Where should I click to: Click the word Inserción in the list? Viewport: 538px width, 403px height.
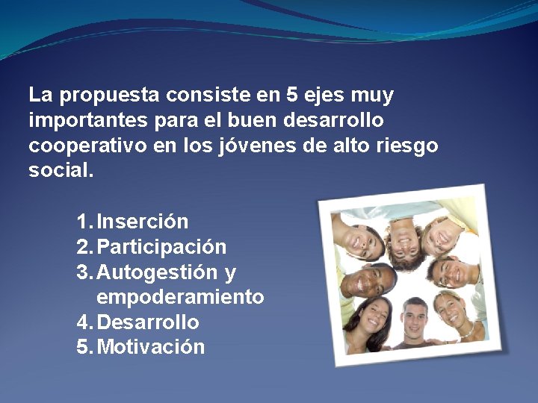(143, 222)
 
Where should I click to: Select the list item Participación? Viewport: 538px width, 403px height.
(161, 247)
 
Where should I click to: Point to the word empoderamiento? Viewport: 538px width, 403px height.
(180, 298)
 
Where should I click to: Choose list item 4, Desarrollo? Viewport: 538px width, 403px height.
(148, 323)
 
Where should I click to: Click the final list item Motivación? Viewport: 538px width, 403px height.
(151, 348)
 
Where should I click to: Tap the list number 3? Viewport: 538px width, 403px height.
(83, 272)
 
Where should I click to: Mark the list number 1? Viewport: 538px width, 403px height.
(83, 222)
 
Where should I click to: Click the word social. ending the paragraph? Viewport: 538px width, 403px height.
(61, 170)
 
